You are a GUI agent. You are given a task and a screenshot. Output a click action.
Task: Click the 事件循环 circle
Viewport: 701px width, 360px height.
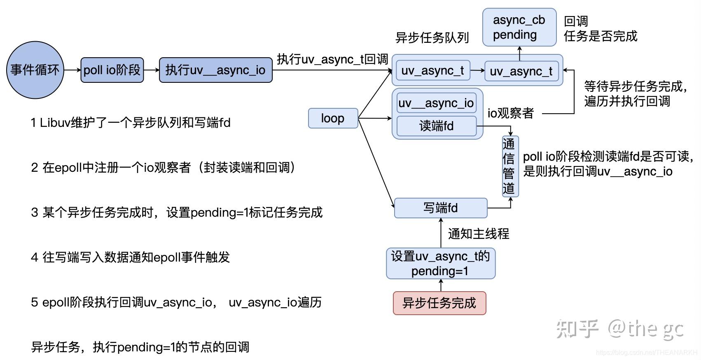point(35,70)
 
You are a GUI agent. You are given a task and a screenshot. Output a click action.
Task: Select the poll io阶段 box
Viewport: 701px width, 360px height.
point(112,70)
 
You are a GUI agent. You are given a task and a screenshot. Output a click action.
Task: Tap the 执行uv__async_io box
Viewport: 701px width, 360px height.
point(215,70)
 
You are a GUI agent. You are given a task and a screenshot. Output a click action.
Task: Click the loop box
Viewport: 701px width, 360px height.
point(333,118)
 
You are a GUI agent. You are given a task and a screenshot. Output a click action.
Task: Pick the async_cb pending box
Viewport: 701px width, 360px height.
point(519,27)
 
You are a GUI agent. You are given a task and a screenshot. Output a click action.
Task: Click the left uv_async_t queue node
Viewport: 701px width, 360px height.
point(432,71)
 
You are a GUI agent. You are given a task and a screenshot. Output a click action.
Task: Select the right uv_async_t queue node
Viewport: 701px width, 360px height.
point(521,71)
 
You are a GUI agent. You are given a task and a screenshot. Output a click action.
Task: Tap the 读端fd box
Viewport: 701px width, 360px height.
point(436,126)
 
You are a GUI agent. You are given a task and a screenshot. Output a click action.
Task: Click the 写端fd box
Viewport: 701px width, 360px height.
point(440,208)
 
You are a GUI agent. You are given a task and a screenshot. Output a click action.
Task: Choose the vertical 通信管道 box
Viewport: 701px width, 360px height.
point(510,166)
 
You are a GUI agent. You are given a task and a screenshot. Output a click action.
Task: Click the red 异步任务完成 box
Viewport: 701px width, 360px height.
point(439,303)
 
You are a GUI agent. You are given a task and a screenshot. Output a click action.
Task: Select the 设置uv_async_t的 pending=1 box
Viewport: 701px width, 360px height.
point(440,264)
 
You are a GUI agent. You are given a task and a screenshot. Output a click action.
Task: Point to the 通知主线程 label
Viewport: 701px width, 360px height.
point(479,234)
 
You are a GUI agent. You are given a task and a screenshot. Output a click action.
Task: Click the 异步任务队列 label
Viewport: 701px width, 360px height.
point(432,38)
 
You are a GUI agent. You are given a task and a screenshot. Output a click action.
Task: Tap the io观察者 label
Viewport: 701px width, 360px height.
point(511,113)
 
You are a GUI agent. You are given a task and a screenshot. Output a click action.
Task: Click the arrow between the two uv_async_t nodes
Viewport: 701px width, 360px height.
point(477,70)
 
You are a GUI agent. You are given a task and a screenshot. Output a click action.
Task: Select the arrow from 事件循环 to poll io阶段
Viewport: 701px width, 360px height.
point(72,70)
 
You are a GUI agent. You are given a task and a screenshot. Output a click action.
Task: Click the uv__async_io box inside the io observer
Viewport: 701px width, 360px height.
point(436,103)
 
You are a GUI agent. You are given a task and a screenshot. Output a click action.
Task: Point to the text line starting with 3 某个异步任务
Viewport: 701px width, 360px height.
point(176,213)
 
